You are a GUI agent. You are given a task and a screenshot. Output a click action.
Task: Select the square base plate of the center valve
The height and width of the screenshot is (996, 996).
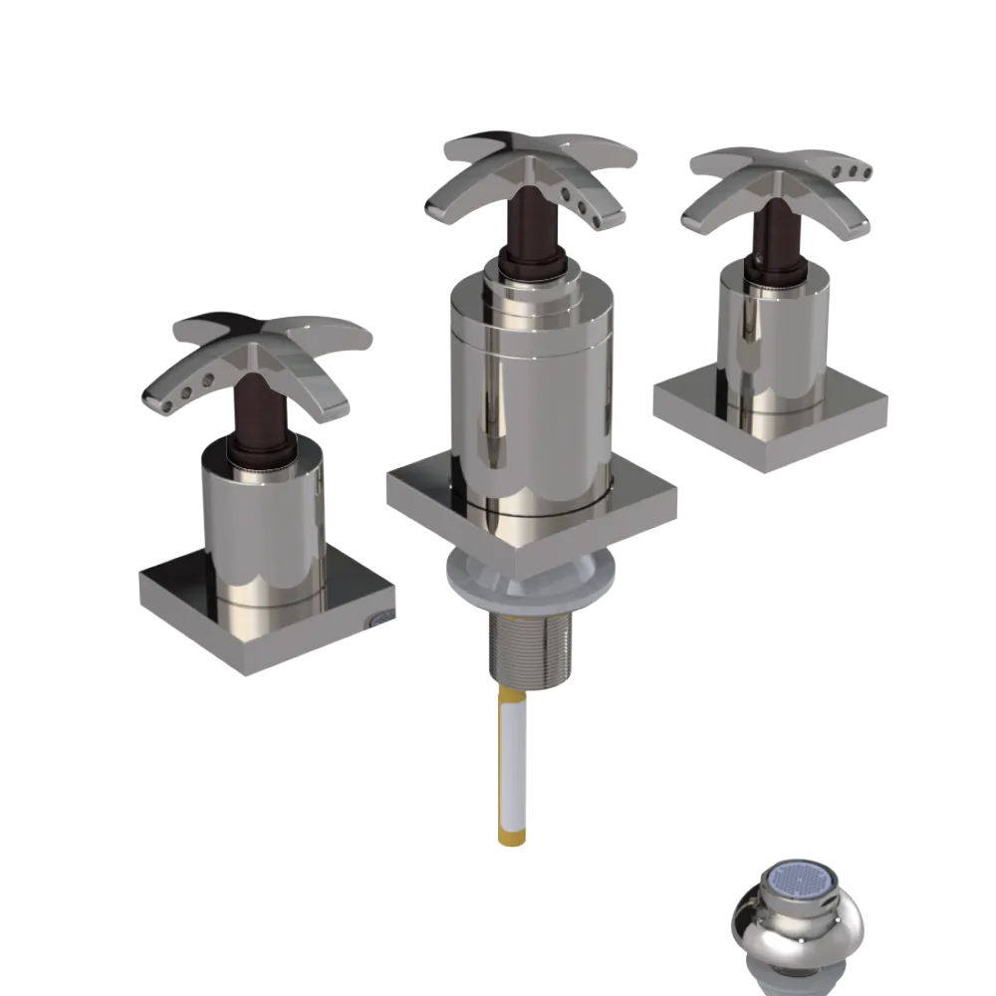428,498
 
